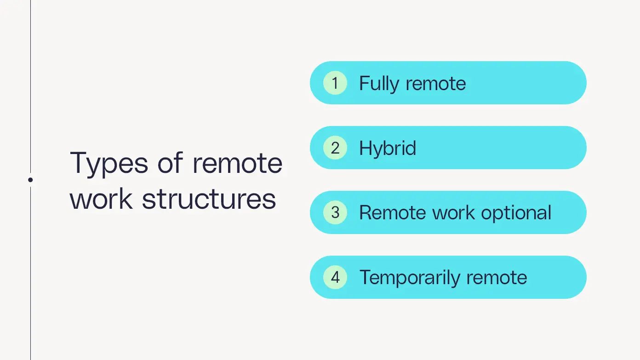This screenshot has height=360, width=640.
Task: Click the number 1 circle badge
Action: pos(335,83)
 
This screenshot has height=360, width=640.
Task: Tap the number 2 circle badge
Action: pos(335,148)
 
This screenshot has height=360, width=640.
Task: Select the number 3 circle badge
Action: pos(335,213)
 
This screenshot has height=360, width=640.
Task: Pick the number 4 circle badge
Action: pos(335,278)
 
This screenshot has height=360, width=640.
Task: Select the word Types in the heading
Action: pos(109,164)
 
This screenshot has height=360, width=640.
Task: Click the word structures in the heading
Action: pos(209,199)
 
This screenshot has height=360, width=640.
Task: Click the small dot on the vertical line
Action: pos(30,180)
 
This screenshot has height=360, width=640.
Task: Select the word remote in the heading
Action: pos(237,163)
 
